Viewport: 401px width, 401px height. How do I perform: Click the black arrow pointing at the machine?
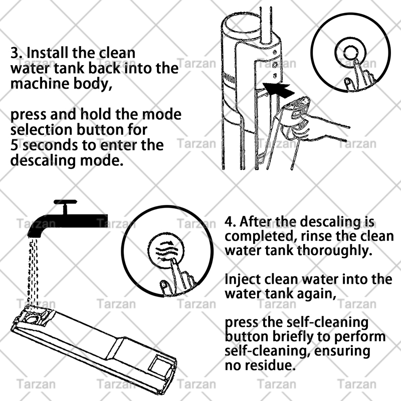click(279, 90)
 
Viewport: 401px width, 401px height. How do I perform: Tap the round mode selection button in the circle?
click(350, 53)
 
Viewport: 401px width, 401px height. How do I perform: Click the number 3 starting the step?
click(16, 53)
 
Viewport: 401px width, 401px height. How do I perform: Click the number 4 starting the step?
click(230, 222)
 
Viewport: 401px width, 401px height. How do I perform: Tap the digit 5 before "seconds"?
click(15, 145)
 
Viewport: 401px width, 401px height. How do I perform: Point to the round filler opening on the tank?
click(33, 318)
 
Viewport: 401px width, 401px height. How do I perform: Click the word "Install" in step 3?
click(47, 53)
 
